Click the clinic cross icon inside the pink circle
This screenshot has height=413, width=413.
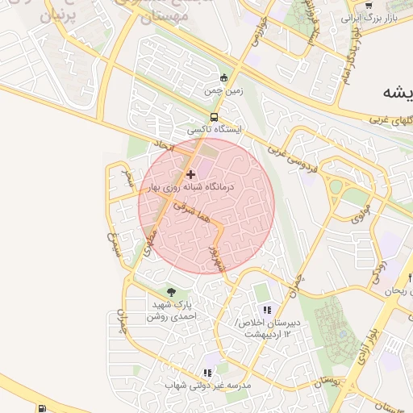[x=190, y=173]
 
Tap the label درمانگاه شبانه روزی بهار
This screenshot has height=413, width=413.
[x=190, y=186]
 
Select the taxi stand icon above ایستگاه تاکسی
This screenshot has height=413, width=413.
[x=213, y=116]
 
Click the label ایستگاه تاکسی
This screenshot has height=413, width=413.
[x=213, y=129]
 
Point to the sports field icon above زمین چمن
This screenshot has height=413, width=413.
[x=225, y=78]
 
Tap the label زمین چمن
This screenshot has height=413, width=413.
[x=223, y=92]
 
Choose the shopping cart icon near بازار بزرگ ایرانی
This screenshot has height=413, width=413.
[x=369, y=6]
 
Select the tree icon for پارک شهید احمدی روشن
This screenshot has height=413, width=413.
[x=170, y=292]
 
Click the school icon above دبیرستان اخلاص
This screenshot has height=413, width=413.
[x=267, y=310]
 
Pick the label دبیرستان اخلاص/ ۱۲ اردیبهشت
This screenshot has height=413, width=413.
[x=267, y=328]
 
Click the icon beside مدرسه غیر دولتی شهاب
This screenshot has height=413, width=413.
[x=207, y=373]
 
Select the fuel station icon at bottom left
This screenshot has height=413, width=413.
[x=41, y=408]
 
